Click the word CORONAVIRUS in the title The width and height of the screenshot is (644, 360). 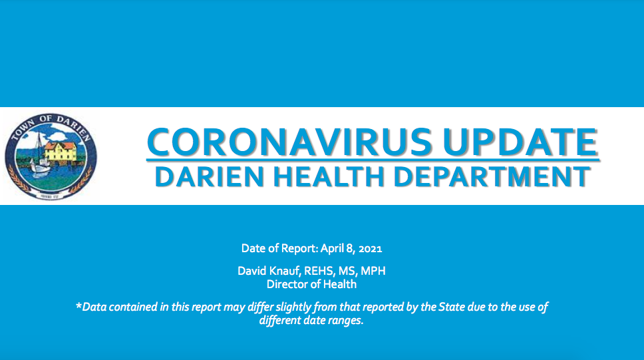coord(289,142)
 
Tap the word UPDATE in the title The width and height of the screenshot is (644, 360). coord(520,142)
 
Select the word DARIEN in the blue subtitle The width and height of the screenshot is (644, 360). coord(210,176)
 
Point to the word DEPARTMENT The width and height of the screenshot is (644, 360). coord(492,176)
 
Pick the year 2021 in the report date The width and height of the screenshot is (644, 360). coord(370,249)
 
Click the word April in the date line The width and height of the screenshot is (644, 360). coord(332,249)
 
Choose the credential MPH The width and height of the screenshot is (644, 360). coord(373,271)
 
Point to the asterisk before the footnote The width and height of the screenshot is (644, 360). coord(79,305)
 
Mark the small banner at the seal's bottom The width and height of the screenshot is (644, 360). coord(51,196)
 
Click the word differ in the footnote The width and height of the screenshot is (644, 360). coord(260,307)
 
